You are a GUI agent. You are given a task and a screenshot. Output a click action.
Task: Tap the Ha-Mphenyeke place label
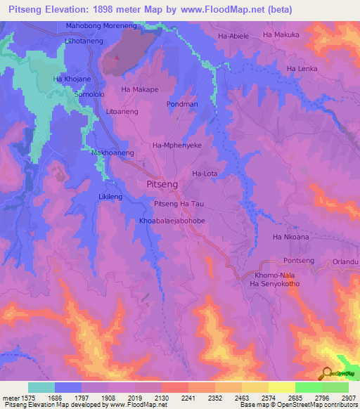pyautogui.click(x=177, y=145)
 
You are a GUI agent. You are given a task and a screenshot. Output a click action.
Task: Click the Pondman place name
pyautogui.click(x=182, y=104)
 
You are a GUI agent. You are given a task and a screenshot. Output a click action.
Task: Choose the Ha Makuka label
pyautogui.click(x=281, y=34)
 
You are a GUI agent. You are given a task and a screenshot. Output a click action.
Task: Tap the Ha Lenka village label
pyautogui.click(x=302, y=68)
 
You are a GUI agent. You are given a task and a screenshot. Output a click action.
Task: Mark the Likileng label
pyautogui.click(x=110, y=196)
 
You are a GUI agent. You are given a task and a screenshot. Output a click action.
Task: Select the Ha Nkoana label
pyautogui.click(x=290, y=237)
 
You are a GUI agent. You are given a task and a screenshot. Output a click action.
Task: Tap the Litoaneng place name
pyautogui.click(x=122, y=112)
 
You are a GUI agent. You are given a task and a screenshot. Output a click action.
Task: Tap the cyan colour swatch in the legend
pyautogui.click(x=41, y=387)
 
